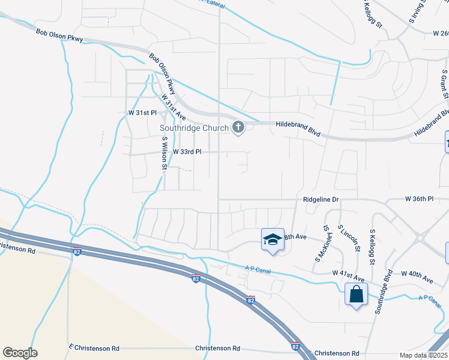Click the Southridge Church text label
[x=194, y=128]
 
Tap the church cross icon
[x=238, y=127]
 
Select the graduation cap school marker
[x=272, y=239]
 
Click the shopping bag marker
[x=357, y=295]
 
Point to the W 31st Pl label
[x=142, y=113]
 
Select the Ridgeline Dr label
[x=321, y=199]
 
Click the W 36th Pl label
[x=419, y=199]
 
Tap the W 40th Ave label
[x=418, y=279]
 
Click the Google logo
[x=20, y=353]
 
